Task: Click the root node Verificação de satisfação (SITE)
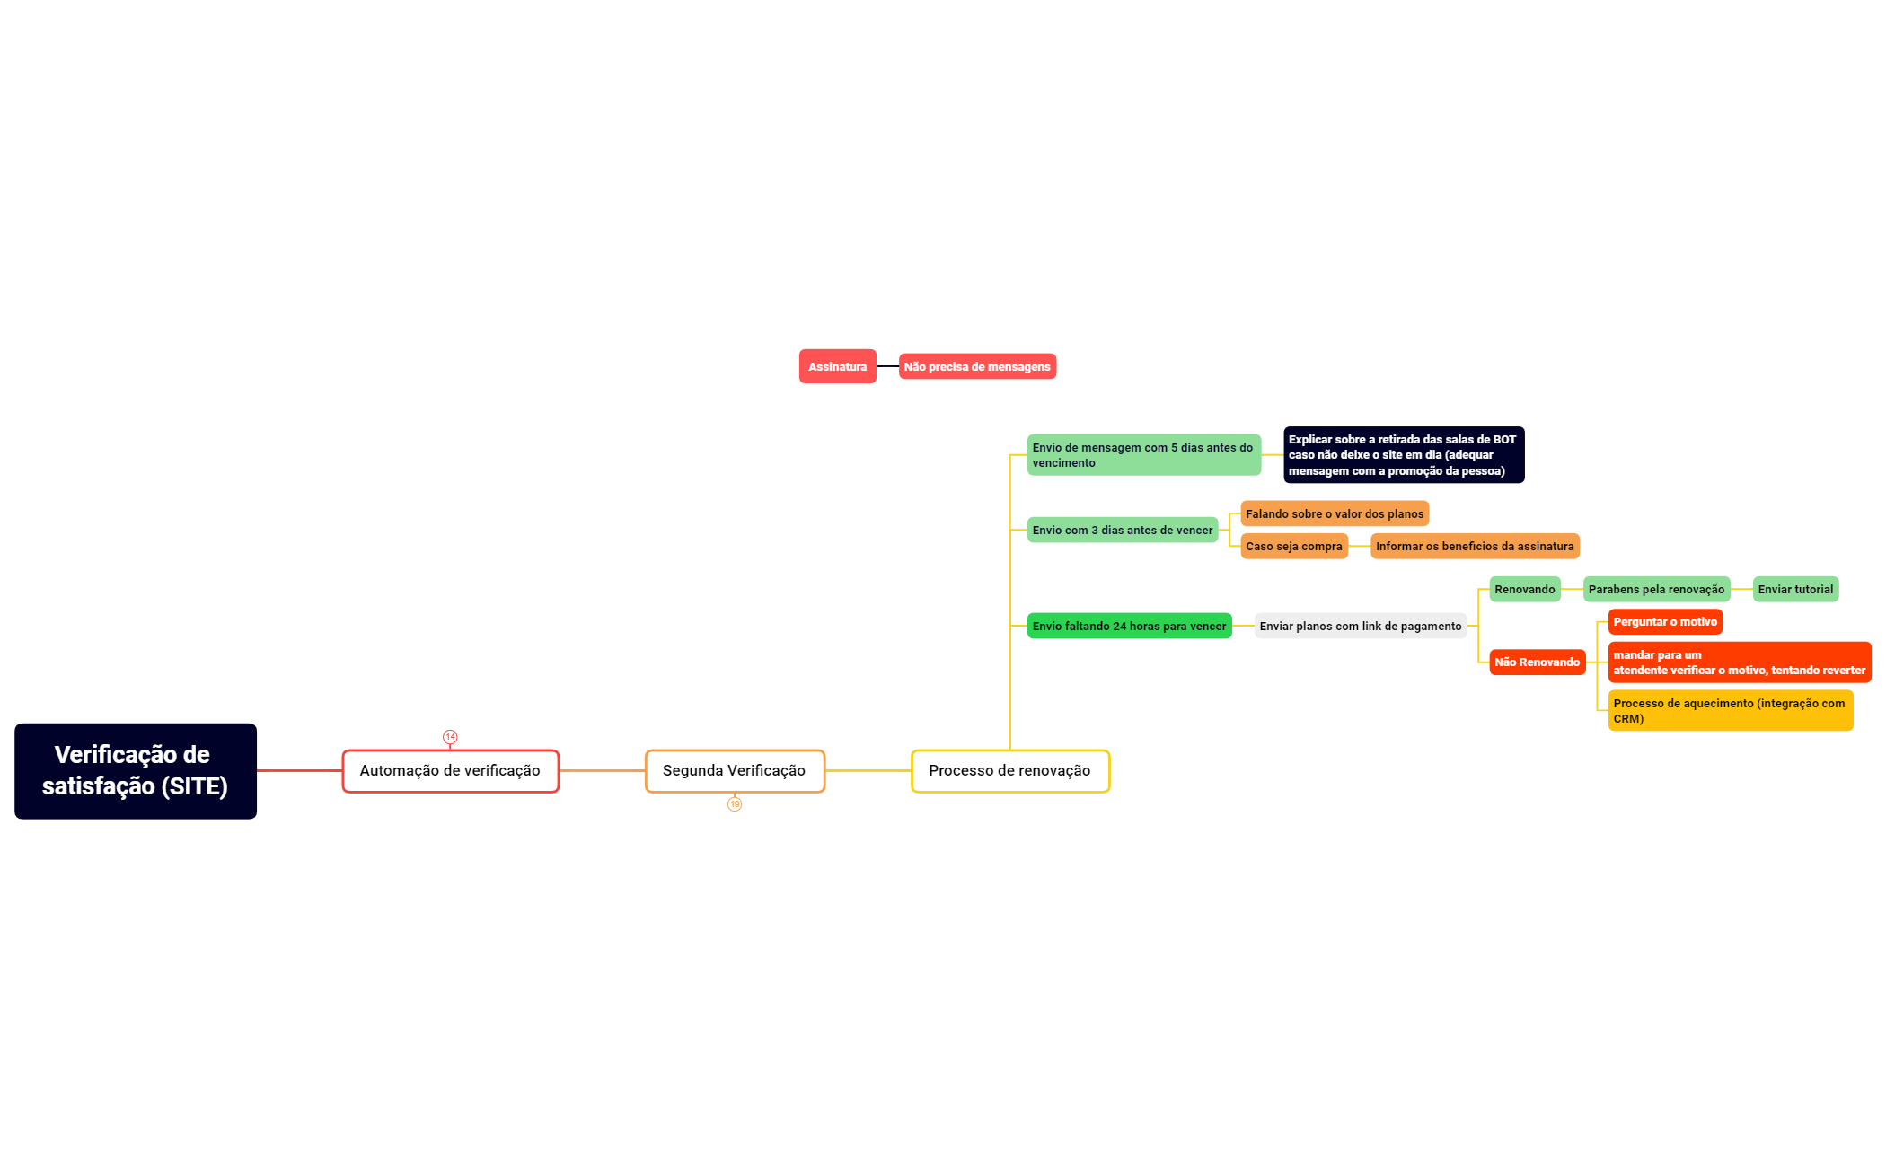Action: tap(136, 771)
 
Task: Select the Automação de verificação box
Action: tap(451, 771)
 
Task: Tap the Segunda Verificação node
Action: tap(735, 771)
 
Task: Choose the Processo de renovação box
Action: tap(1010, 771)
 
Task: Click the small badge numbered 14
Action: tap(450, 737)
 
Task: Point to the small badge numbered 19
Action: tap(735, 804)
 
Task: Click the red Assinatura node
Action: tap(838, 366)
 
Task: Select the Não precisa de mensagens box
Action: tap(977, 366)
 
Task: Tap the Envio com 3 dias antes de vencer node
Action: tap(1123, 530)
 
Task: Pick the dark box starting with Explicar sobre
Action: tap(1404, 455)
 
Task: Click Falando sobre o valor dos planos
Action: tap(1335, 513)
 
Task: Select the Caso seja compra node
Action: tap(1294, 546)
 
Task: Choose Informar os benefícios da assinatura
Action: tap(1475, 546)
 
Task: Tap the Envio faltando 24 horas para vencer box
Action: tap(1129, 626)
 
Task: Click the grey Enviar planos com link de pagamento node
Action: tap(1361, 626)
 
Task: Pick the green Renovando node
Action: tap(1525, 589)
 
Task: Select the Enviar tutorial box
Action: tap(1795, 589)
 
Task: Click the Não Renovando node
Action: tap(1538, 662)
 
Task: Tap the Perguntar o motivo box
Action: tap(1665, 621)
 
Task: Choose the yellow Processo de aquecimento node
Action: tap(1731, 710)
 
